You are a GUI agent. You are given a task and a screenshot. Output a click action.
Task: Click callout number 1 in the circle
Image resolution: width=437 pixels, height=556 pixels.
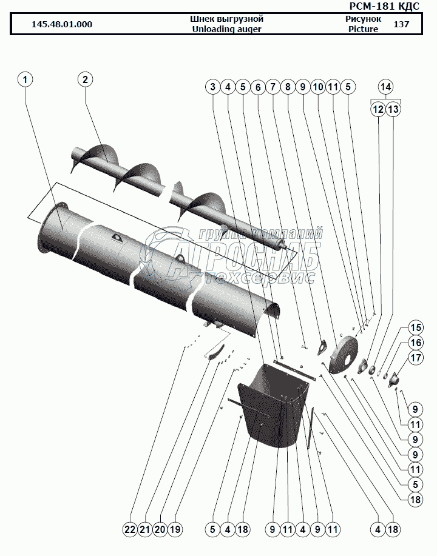click(x=26, y=79)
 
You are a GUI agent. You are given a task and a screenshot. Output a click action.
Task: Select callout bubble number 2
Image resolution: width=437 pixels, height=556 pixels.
click(x=85, y=79)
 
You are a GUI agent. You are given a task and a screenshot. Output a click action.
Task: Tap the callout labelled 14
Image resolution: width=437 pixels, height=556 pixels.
click(x=386, y=87)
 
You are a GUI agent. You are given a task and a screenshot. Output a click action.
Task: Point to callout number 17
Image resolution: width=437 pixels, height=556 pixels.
click(x=415, y=358)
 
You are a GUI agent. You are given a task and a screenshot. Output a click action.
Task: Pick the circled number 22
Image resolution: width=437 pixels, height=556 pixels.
click(x=129, y=529)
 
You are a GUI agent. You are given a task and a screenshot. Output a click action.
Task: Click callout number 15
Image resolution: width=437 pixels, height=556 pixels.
click(x=415, y=327)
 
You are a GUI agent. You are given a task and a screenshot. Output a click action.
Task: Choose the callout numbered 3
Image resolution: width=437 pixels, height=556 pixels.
click(x=213, y=87)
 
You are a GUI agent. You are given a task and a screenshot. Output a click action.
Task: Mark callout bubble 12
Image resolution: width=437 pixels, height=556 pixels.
click(x=378, y=109)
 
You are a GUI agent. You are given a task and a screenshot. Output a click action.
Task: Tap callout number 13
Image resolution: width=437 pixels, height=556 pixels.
click(x=393, y=109)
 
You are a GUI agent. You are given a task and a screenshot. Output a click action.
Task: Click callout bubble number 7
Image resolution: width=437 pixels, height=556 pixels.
click(x=273, y=87)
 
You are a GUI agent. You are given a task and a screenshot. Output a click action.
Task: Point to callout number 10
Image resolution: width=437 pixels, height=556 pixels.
click(x=317, y=87)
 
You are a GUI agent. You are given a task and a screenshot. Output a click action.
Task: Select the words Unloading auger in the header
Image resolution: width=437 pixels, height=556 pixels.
click(x=226, y=29)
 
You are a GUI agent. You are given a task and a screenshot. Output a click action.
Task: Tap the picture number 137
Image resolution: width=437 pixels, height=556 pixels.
click(x=401, y=25)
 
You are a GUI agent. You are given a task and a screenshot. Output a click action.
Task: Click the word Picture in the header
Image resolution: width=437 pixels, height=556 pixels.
click(x=364, y=29)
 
